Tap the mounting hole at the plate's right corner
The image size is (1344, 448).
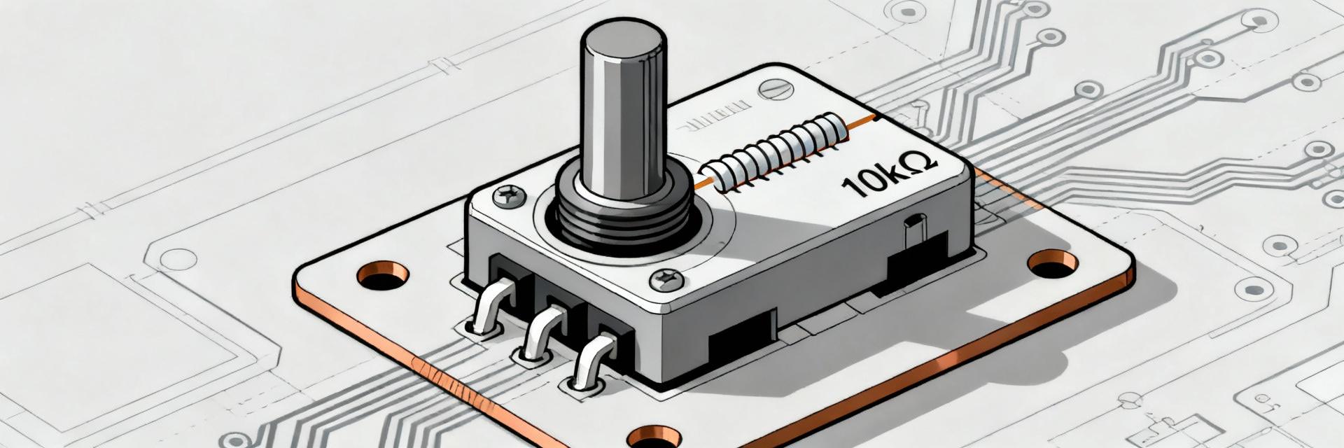[x=1053, y=262]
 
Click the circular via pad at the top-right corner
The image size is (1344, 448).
[x=1259, y=21]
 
